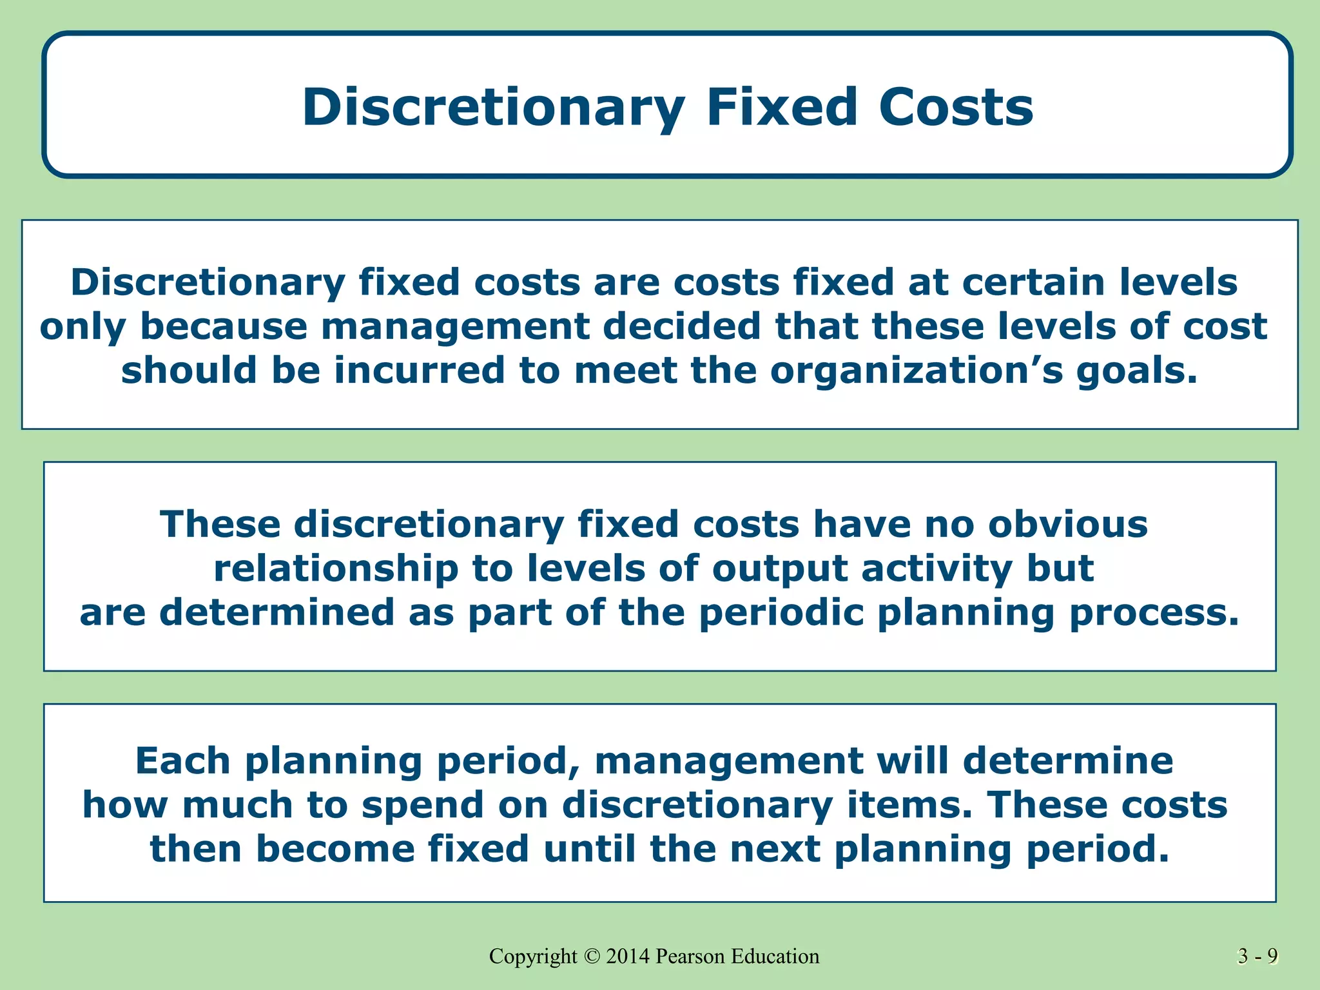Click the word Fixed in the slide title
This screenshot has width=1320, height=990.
[782, 107]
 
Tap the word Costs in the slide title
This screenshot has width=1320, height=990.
[956, 107]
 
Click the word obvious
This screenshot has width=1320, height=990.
[1068, 524]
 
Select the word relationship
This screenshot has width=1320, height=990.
[336, 569]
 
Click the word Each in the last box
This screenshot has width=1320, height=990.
[182, 761]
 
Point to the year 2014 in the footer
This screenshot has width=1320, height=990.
[628, 956]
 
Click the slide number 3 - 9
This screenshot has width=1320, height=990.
[1257, 956]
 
